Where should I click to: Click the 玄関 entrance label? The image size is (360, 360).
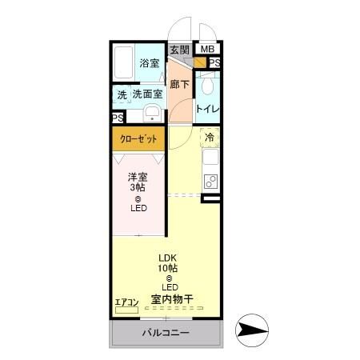click(x=179, y=50)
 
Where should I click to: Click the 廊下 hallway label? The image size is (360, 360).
click(x=179, y=82)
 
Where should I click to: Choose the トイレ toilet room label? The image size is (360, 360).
click(x=209, y=109)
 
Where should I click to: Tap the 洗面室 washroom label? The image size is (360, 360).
click(x=148, y=94)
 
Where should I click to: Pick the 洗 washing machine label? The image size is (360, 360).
click(x=122, y=94)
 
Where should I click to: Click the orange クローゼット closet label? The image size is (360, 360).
click(x=138, y=138)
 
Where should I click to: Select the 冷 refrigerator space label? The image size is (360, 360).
click(x=210, y=138)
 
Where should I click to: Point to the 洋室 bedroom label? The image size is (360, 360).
click(x=138, y=177)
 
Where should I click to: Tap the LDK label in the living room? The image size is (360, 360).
click(x=168, y=258)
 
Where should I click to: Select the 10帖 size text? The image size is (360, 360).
click(x=168, y=268)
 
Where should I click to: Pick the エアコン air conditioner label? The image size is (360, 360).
click(x=126, y=302)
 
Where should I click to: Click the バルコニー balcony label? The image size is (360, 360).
click(x=166, y=332)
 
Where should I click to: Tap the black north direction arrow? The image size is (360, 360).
click(x=255, y=330)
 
